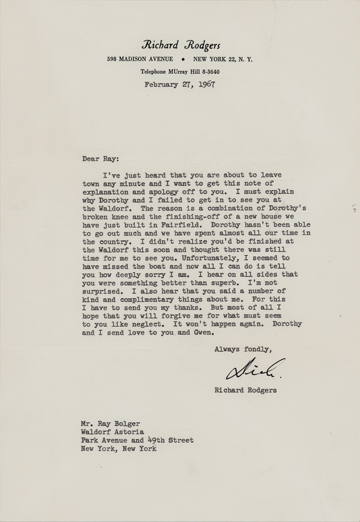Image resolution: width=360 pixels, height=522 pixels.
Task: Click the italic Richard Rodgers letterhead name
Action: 179,45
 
